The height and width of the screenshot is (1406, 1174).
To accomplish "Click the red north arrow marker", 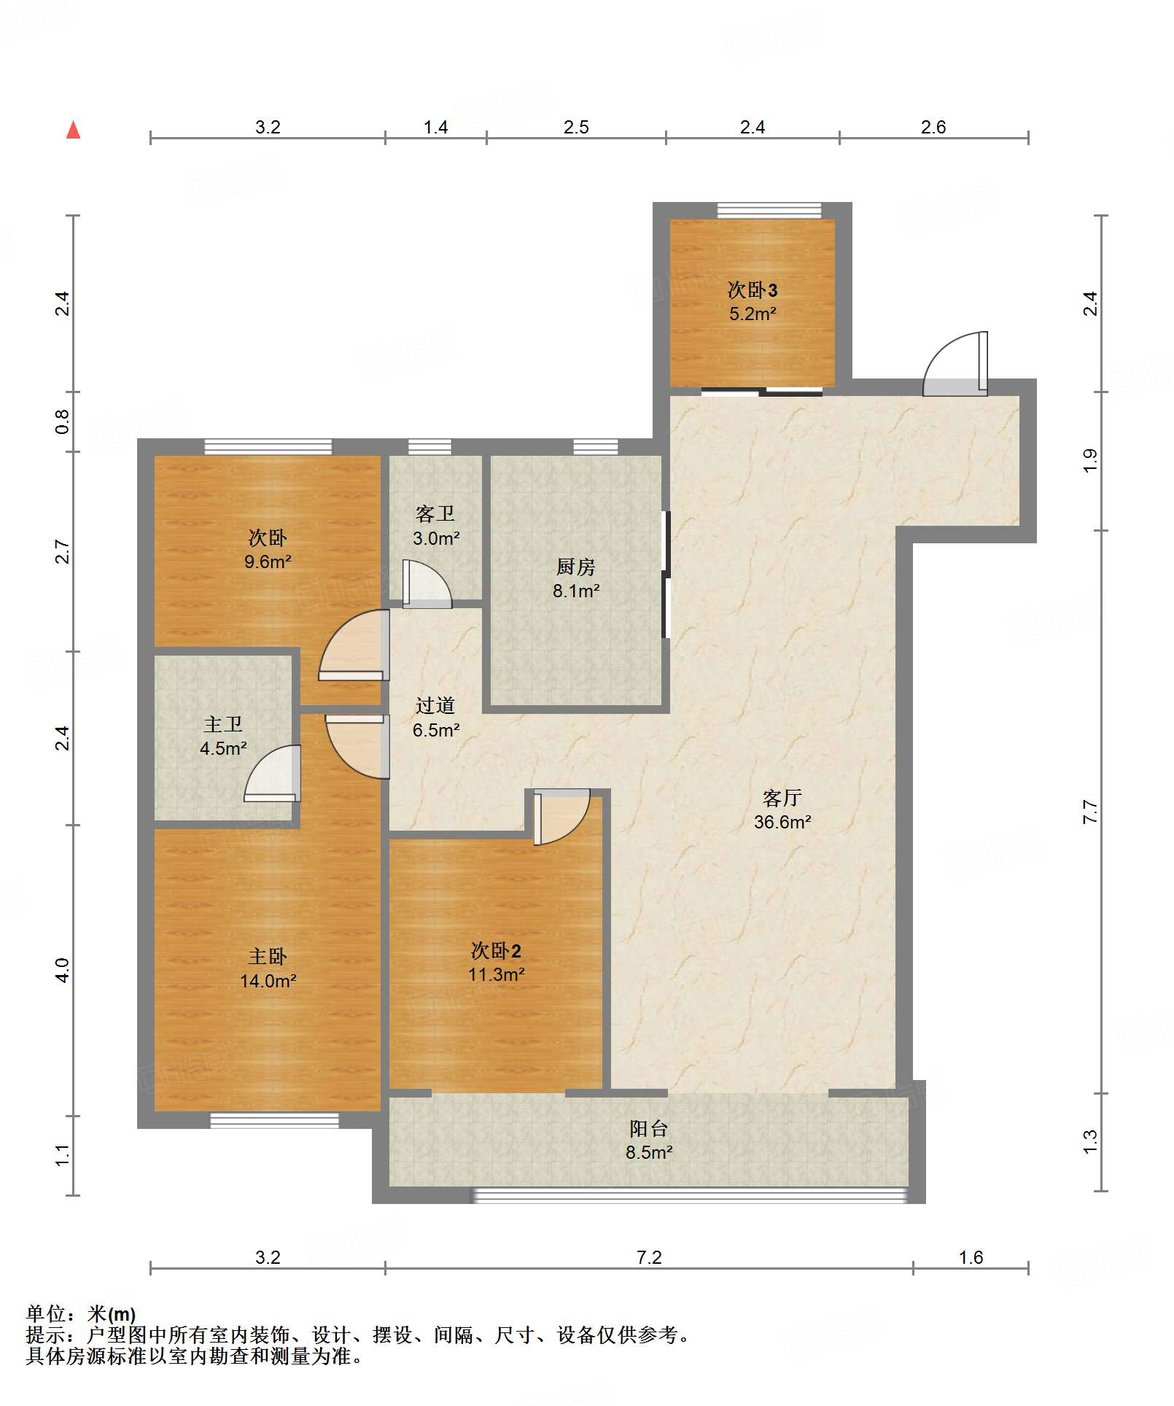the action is tap(74, 130).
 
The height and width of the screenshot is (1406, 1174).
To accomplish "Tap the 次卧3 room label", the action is tap(753, 290).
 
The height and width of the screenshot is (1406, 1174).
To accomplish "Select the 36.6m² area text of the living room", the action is tap(782, 822).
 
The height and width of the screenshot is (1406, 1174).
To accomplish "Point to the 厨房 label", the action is tap(576, 567).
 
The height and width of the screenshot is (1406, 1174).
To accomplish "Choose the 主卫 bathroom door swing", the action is tap(272, 773).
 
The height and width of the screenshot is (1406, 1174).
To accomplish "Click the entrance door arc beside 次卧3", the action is tap(955, 364).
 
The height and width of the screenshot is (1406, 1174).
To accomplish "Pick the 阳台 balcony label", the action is tap(649, 1129).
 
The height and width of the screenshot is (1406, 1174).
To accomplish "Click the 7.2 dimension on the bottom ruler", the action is tap(649, 1258).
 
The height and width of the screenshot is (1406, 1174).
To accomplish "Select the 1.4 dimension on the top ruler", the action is tap(436, 128).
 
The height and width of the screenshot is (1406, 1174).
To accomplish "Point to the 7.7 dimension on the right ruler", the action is tap(1089, 812).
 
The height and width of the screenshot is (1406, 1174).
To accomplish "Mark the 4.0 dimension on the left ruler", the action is tap(63, 970).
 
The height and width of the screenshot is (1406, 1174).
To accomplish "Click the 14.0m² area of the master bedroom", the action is tap(268, 981).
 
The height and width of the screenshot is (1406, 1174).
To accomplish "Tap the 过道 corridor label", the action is tap(435, 705).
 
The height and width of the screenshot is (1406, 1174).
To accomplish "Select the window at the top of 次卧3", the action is tap(769, 210).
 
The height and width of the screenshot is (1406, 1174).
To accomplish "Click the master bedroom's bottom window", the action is tap(275, 1120).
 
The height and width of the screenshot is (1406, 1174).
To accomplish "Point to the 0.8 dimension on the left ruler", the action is tap(63, 422).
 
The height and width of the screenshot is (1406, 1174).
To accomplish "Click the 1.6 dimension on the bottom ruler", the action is tap(971, 1258).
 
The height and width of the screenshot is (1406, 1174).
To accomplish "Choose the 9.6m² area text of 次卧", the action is tap(268, 562).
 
